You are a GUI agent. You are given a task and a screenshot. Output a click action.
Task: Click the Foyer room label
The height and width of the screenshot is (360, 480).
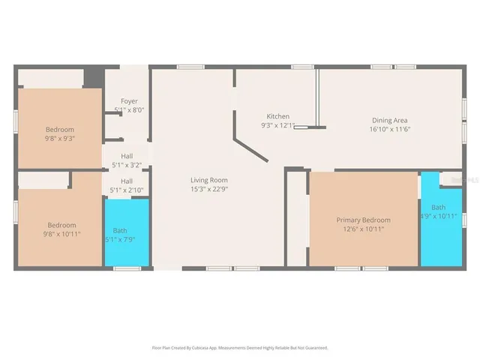pos(129,101)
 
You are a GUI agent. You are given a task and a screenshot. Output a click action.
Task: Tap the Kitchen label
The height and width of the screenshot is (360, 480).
pos(278,116)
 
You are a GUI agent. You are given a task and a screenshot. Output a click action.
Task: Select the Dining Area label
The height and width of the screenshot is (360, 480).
pos(390,120)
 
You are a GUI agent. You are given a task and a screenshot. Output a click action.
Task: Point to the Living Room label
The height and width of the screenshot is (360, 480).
pos(208,180)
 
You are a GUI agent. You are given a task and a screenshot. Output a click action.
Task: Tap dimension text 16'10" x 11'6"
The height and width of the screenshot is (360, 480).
pos(390,129)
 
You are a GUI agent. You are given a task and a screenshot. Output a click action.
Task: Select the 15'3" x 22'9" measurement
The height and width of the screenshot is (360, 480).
pos(208,189)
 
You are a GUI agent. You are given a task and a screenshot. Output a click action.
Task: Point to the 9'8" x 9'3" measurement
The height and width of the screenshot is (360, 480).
pos(59,138)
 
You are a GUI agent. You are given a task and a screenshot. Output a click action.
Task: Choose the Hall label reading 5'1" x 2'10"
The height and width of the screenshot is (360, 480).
pos(127,181)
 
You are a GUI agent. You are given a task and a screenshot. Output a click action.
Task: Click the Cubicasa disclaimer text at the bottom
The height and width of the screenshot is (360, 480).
pos(240,348)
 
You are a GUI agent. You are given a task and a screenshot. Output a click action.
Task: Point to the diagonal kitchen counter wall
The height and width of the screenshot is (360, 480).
pos(252,148)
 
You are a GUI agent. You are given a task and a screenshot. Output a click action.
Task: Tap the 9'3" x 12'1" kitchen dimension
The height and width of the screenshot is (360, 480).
pos(278,125)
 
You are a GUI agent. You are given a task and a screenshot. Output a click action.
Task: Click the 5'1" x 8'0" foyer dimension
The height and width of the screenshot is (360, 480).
pos(129,110)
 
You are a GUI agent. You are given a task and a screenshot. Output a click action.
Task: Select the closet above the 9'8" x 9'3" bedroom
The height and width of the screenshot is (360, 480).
pos(50,78)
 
